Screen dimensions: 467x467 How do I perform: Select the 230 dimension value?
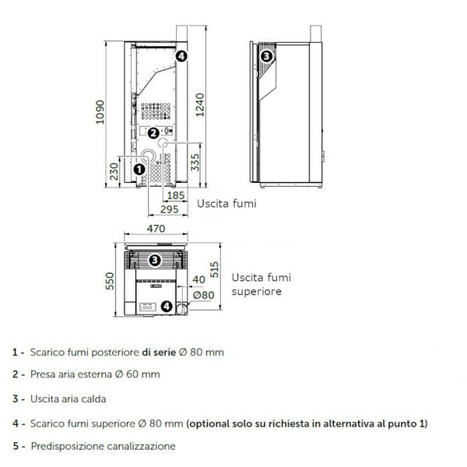[x=114, y=169]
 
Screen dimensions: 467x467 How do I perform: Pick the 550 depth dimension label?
[x=108, y=281]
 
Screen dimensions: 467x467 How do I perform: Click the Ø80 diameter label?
[x=203, y=295]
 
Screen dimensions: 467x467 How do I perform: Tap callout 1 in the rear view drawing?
[x=139, y=167]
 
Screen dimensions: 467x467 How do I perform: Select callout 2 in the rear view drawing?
[x=153, y=133]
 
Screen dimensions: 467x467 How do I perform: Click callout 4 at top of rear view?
[x=181, y=55]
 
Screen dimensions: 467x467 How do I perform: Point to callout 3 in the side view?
[x=266, y=56]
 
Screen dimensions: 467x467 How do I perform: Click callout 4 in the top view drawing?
[x=167, y=306]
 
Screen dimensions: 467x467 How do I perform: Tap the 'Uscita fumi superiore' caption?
[x=257, y=285]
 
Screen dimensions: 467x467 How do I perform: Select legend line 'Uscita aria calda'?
[x=69, y=399]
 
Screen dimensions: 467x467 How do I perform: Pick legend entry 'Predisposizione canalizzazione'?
[x=104, y=446]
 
